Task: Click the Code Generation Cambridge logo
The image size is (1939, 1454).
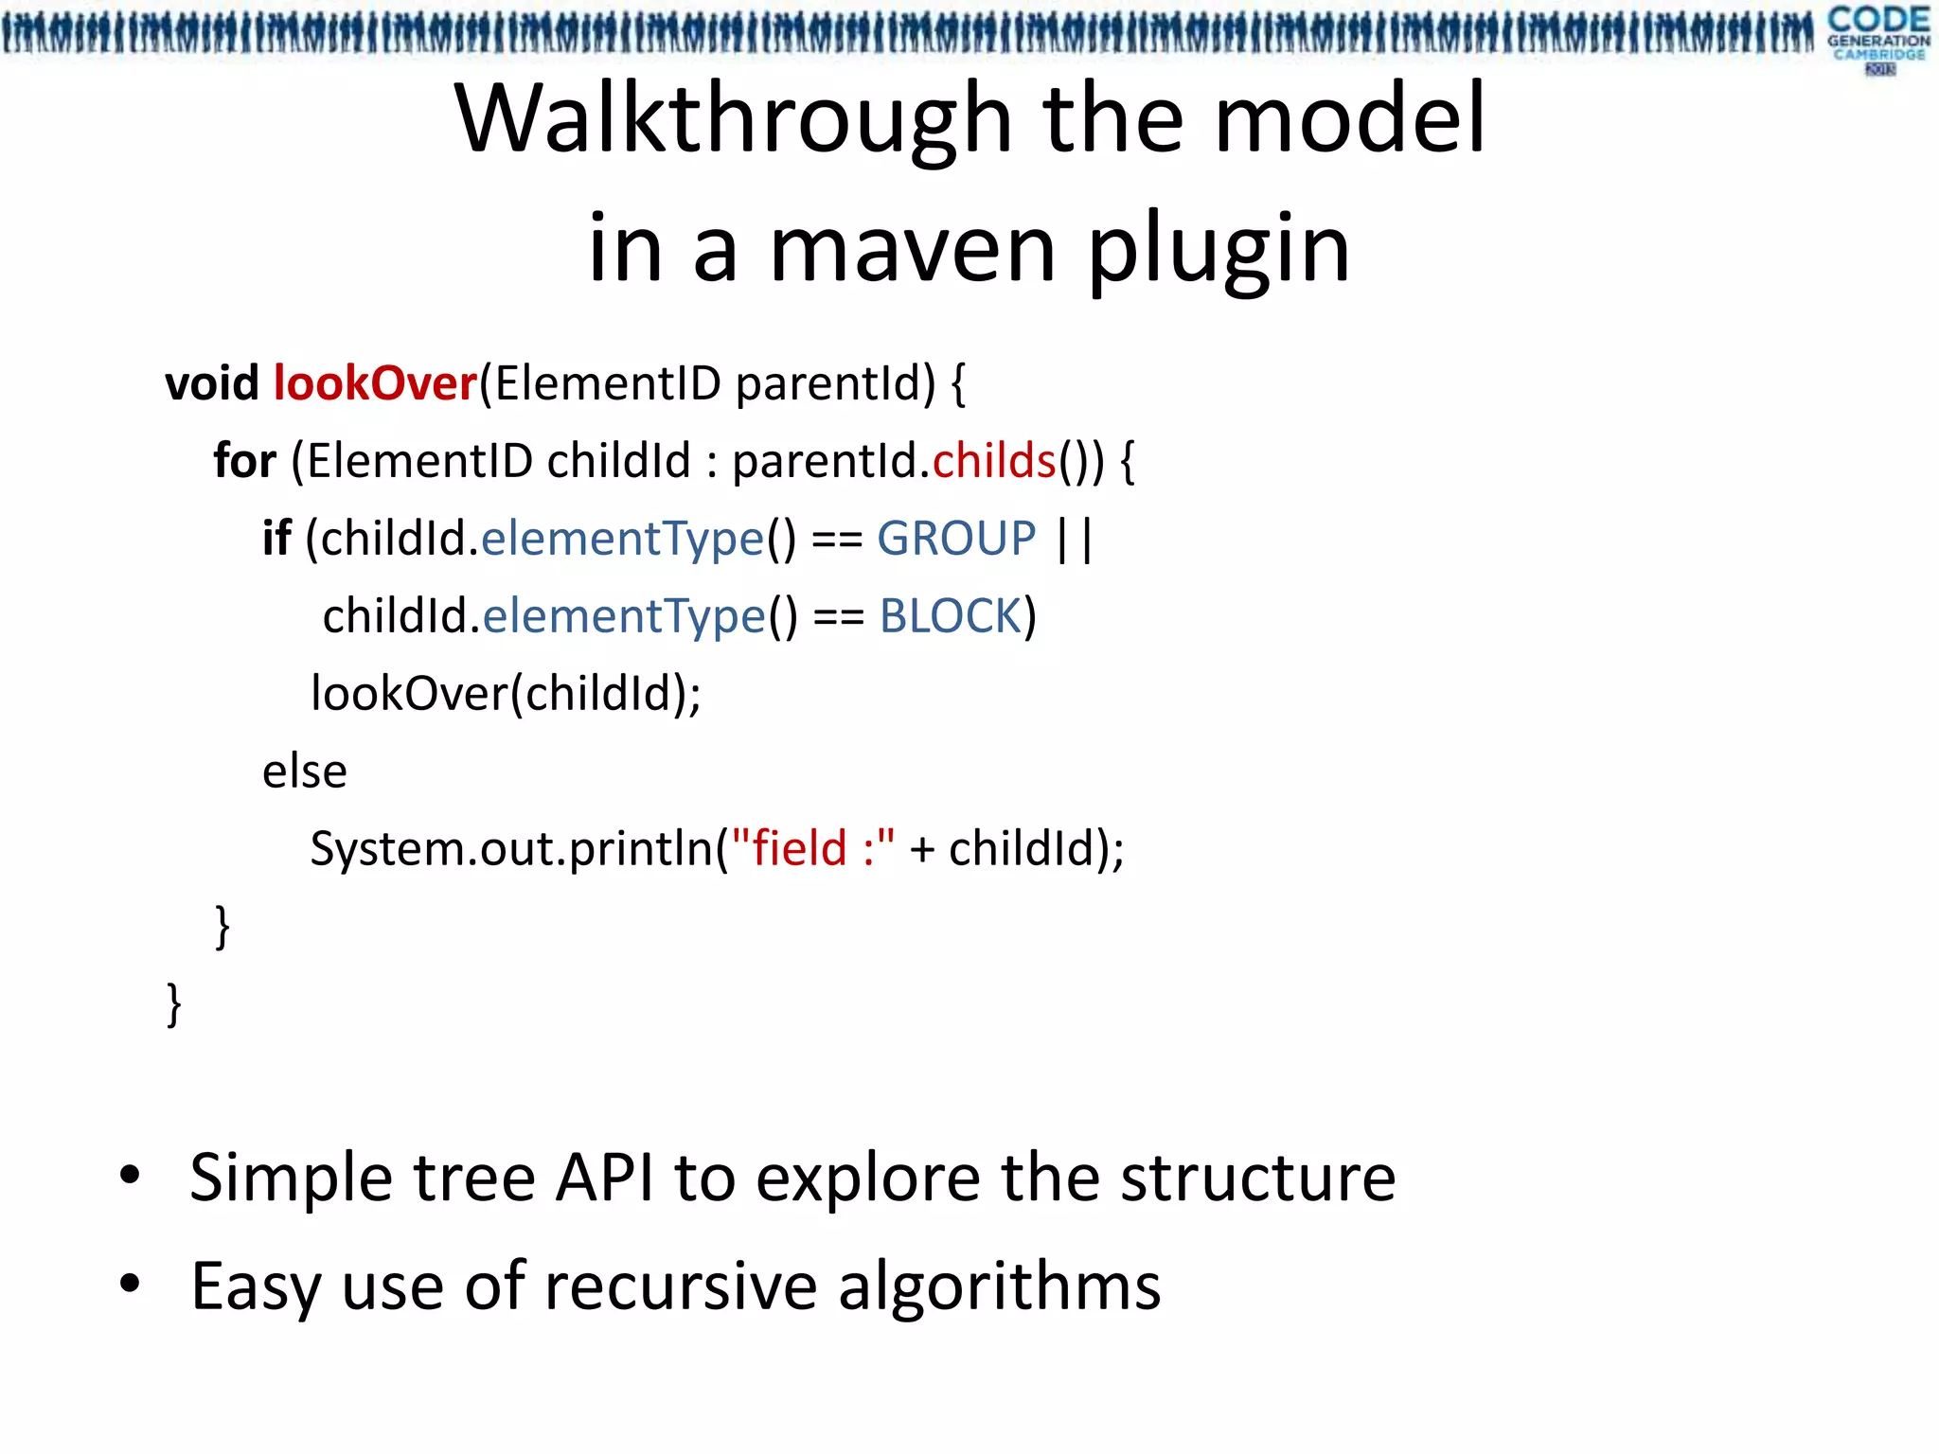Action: pos(1877,38)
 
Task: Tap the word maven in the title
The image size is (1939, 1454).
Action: pos(912,250)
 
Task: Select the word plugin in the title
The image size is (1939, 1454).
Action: pos(1219,250)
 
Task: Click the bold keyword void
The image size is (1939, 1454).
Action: pos(211,384)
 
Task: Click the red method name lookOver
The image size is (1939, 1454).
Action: pos(375,384)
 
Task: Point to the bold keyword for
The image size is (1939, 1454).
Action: pos(244,462)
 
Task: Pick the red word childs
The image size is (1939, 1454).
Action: pos(993,462)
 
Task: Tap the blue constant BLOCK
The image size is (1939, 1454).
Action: pos(951,617)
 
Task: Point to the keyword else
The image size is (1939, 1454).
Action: pos(304,771)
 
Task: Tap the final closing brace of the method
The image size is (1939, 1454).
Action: pos(173,1004)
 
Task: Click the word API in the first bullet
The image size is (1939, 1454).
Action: pos(604,1179)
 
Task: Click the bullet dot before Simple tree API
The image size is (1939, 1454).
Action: pos(131,1177)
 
